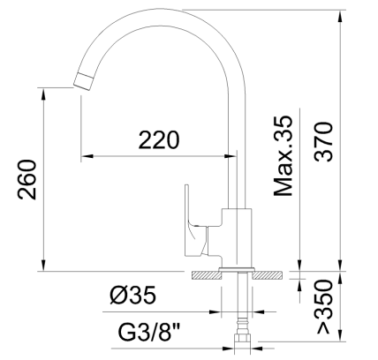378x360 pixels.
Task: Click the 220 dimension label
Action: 159,139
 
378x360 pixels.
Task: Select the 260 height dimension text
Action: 26,180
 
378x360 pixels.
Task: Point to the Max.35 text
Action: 283,156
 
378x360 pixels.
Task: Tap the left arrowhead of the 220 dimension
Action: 86,156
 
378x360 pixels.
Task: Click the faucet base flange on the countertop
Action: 236,268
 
